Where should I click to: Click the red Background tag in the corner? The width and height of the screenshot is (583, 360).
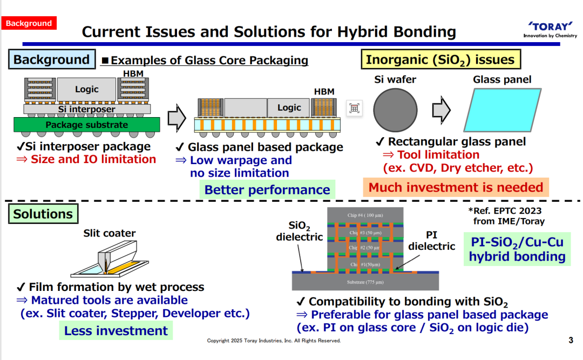[29, 23]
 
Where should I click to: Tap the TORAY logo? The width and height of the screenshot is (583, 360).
[550, 29]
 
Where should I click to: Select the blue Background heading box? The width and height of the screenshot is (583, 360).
[52, 59]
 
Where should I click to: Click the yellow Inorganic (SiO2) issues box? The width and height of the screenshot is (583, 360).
[440, 59]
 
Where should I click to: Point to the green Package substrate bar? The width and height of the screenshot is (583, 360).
[87, 125]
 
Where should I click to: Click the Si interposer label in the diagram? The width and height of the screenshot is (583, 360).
[87, 109]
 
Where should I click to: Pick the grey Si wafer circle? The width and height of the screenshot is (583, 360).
[395, 110]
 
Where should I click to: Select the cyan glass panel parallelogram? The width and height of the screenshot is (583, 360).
[503, 110]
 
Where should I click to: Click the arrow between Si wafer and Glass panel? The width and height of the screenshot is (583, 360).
[442, 110]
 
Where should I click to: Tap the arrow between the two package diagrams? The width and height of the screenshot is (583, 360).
[177, 118]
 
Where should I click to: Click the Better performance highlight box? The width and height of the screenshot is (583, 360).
[267, 189]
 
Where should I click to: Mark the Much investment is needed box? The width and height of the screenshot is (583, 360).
[456, 187]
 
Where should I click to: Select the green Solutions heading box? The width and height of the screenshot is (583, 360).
[43, 214]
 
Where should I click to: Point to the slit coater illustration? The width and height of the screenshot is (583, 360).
[110, 259]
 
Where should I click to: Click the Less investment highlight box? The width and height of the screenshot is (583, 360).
[116, 331]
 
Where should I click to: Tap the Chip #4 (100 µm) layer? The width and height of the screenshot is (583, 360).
[365, 215]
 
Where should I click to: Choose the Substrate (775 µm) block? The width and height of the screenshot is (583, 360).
[365, 282]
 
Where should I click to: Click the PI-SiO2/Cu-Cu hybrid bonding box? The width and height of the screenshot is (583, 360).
[517, 249]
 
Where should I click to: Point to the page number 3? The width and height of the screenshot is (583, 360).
[571, 340]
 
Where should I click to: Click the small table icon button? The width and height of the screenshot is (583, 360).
[354, 108]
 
